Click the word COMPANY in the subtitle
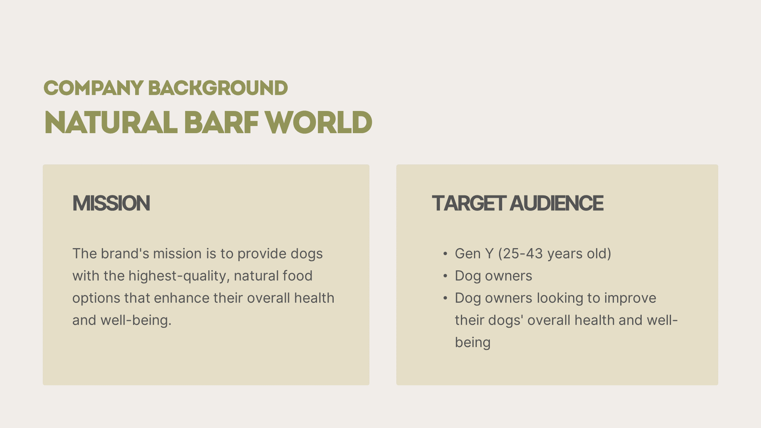tap(94, 88)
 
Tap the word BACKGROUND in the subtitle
tap(218, 88)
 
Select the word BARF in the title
tap(221, 122)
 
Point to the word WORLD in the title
tap(319, 122)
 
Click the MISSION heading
tap(111, 203)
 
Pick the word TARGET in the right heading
tap(469, 203)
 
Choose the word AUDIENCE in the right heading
tap(556, 203)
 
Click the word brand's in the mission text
tap(125, 254)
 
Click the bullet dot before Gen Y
tap(446, 254)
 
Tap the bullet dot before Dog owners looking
tap(446, 298)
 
